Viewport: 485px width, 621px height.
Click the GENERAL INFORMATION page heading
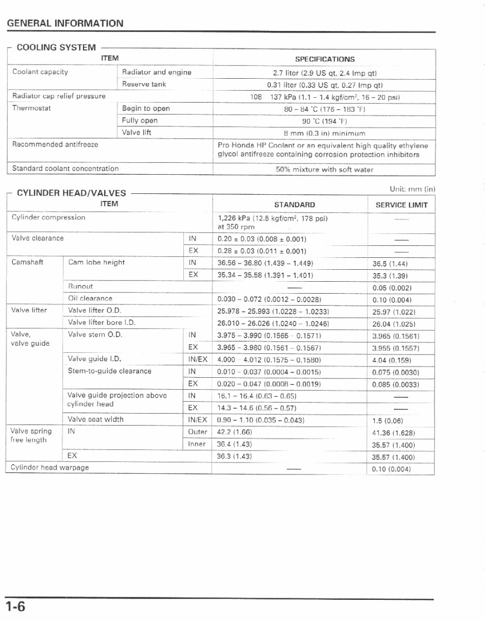click(65, 23)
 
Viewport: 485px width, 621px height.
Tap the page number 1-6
click(16, 606)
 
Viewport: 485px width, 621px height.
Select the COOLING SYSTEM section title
click(56, 48)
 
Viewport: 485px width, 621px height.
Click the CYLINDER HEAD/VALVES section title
click(71, 193)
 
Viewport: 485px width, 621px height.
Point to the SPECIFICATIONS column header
click(324, 59)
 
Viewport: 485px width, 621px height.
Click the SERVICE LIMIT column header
click(401, 205)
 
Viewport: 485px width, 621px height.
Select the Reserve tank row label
click(144, 84)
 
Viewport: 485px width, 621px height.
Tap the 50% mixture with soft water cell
click(324, 169)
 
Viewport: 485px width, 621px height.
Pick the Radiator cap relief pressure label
click(59, 96)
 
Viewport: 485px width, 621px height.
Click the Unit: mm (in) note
click(412, 189)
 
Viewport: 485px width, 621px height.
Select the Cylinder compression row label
click(48, 218)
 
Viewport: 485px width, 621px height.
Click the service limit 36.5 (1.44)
click(390, 264)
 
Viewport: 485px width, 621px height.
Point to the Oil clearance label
click(90, 299)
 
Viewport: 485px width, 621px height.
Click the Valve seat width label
click(95, 420)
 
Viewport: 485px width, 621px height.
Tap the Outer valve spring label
click(197, 432)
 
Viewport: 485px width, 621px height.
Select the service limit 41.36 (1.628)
click(393, 433)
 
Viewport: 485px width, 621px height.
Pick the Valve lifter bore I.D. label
click(101, 323)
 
